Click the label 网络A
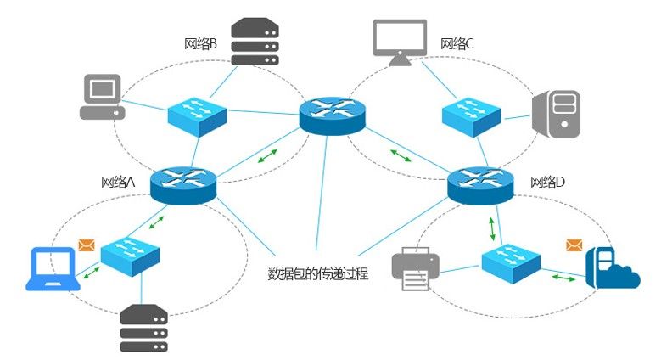118,182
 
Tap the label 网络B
200,43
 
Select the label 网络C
457,43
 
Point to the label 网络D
547,182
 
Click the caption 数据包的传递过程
318,273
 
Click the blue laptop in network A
53,269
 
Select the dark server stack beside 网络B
255,42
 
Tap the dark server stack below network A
143,329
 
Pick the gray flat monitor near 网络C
400,42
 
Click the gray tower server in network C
556,114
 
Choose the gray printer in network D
416,269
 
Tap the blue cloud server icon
613,268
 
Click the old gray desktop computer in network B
103,97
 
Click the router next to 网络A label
183,185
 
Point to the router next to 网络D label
480,185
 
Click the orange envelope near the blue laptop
87,245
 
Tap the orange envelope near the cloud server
574,245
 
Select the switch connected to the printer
511,263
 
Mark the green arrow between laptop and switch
92,273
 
